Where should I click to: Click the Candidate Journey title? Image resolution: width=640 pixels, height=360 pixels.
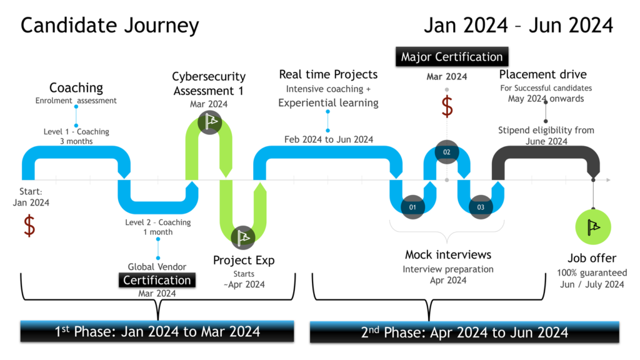(x=110, y=26)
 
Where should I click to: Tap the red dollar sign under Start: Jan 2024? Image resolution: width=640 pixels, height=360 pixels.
(x=29, y=226)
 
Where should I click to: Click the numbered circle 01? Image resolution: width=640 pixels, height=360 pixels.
(x=412, y=206)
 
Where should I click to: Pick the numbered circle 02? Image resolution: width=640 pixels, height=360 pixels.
(x=446, y=152)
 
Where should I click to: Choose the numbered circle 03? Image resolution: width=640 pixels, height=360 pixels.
(x=480, y=206)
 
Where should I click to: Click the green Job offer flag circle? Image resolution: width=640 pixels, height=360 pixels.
(x=592, y=227)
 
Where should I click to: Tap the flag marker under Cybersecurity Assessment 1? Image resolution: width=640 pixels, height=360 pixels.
(x=209, y=121)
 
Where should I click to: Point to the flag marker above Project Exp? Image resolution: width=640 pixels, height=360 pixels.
(x=242, y=237)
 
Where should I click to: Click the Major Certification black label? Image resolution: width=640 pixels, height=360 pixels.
(x=452, y=57)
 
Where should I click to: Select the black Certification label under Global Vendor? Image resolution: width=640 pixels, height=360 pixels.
(x=157, y=280)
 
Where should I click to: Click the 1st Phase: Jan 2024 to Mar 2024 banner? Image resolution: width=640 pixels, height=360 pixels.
(x=157, y=331)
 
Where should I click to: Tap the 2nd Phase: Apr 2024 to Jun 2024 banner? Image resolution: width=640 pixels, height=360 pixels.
(x=464, y=331)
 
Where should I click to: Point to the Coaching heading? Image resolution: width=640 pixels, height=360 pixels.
(x=76, y=87)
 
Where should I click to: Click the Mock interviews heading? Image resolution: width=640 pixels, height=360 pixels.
(x=448, y=254)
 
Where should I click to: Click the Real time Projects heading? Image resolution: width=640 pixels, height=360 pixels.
(x=328, y=75)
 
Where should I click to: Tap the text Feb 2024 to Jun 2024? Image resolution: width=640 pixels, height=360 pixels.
(x=328, y=139)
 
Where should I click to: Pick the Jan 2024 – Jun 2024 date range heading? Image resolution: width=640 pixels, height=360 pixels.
(x=518, y=26)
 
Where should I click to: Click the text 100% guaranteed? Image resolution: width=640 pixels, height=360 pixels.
(x=592, y=273)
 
